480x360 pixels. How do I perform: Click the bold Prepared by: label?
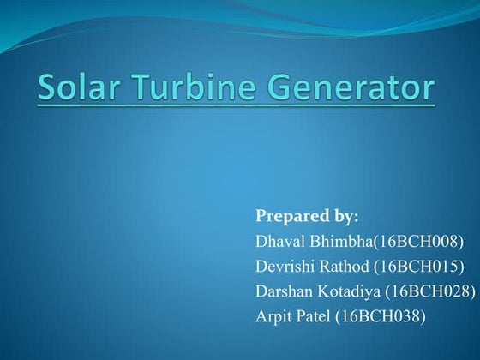click(x=307, y=214)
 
